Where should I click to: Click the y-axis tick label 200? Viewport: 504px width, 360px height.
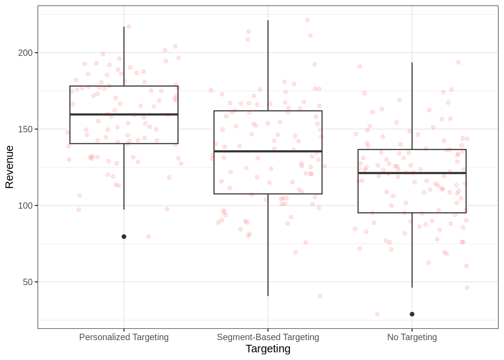click(x=25, y=53)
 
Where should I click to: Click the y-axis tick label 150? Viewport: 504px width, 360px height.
click(x=25, y=129)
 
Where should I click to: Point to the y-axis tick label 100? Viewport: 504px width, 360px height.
click(x=25, y=205)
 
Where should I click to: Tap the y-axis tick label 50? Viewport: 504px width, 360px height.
click(x=28, y=282)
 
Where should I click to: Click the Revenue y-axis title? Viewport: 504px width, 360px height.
click(x=9, y=167)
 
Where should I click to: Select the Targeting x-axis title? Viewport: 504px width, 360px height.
click(x=268, y=349)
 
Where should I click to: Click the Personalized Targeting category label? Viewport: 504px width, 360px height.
click(x=124, y=337)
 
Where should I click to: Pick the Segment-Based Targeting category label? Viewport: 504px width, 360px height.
click(x=268, y=337)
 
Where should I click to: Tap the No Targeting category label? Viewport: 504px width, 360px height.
click(x=412, y=337)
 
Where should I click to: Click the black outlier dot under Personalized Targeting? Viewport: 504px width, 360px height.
click(x=124, y=237)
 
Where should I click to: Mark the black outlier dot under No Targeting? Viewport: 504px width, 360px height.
click(x=412, y=314)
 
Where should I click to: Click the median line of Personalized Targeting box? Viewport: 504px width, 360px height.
click(x=124, y=114)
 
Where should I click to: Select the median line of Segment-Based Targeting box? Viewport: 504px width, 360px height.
click(x=268, y=151)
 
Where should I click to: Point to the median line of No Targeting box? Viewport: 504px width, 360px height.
click(x=412, y=173)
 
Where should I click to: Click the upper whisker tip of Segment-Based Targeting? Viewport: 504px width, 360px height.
click(x=268, y=21)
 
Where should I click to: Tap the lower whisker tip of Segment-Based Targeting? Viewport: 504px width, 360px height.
click(x=268, y=296)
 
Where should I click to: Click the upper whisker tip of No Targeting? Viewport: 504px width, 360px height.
click(x=412, y=63)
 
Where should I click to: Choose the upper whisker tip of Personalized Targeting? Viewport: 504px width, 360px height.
click(x=124, y=27)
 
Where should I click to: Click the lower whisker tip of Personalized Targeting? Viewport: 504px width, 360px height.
click(x=124, y=209)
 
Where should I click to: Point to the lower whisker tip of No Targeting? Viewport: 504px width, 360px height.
click(x=412, y=287)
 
